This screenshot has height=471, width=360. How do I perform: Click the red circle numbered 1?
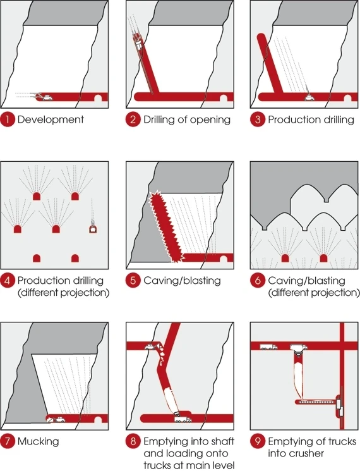tap(8, 119)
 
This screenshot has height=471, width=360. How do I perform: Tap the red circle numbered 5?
tap(133, 281)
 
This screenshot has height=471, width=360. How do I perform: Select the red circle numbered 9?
tap(258, 441)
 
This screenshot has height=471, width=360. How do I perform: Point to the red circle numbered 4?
tap(8, 281)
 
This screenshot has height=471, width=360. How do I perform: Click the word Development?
tap(51, 119)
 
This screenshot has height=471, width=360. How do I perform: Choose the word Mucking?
tap(38, 441)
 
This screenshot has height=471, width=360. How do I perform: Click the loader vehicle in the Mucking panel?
tap(57, 420)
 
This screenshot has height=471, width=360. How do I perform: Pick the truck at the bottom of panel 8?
tap(183, 419)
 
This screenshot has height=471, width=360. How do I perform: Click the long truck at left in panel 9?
tap(268, 347)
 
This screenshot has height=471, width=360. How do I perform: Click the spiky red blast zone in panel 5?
tap(167, 226)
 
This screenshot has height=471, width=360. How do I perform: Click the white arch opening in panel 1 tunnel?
tap(98, 98)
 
